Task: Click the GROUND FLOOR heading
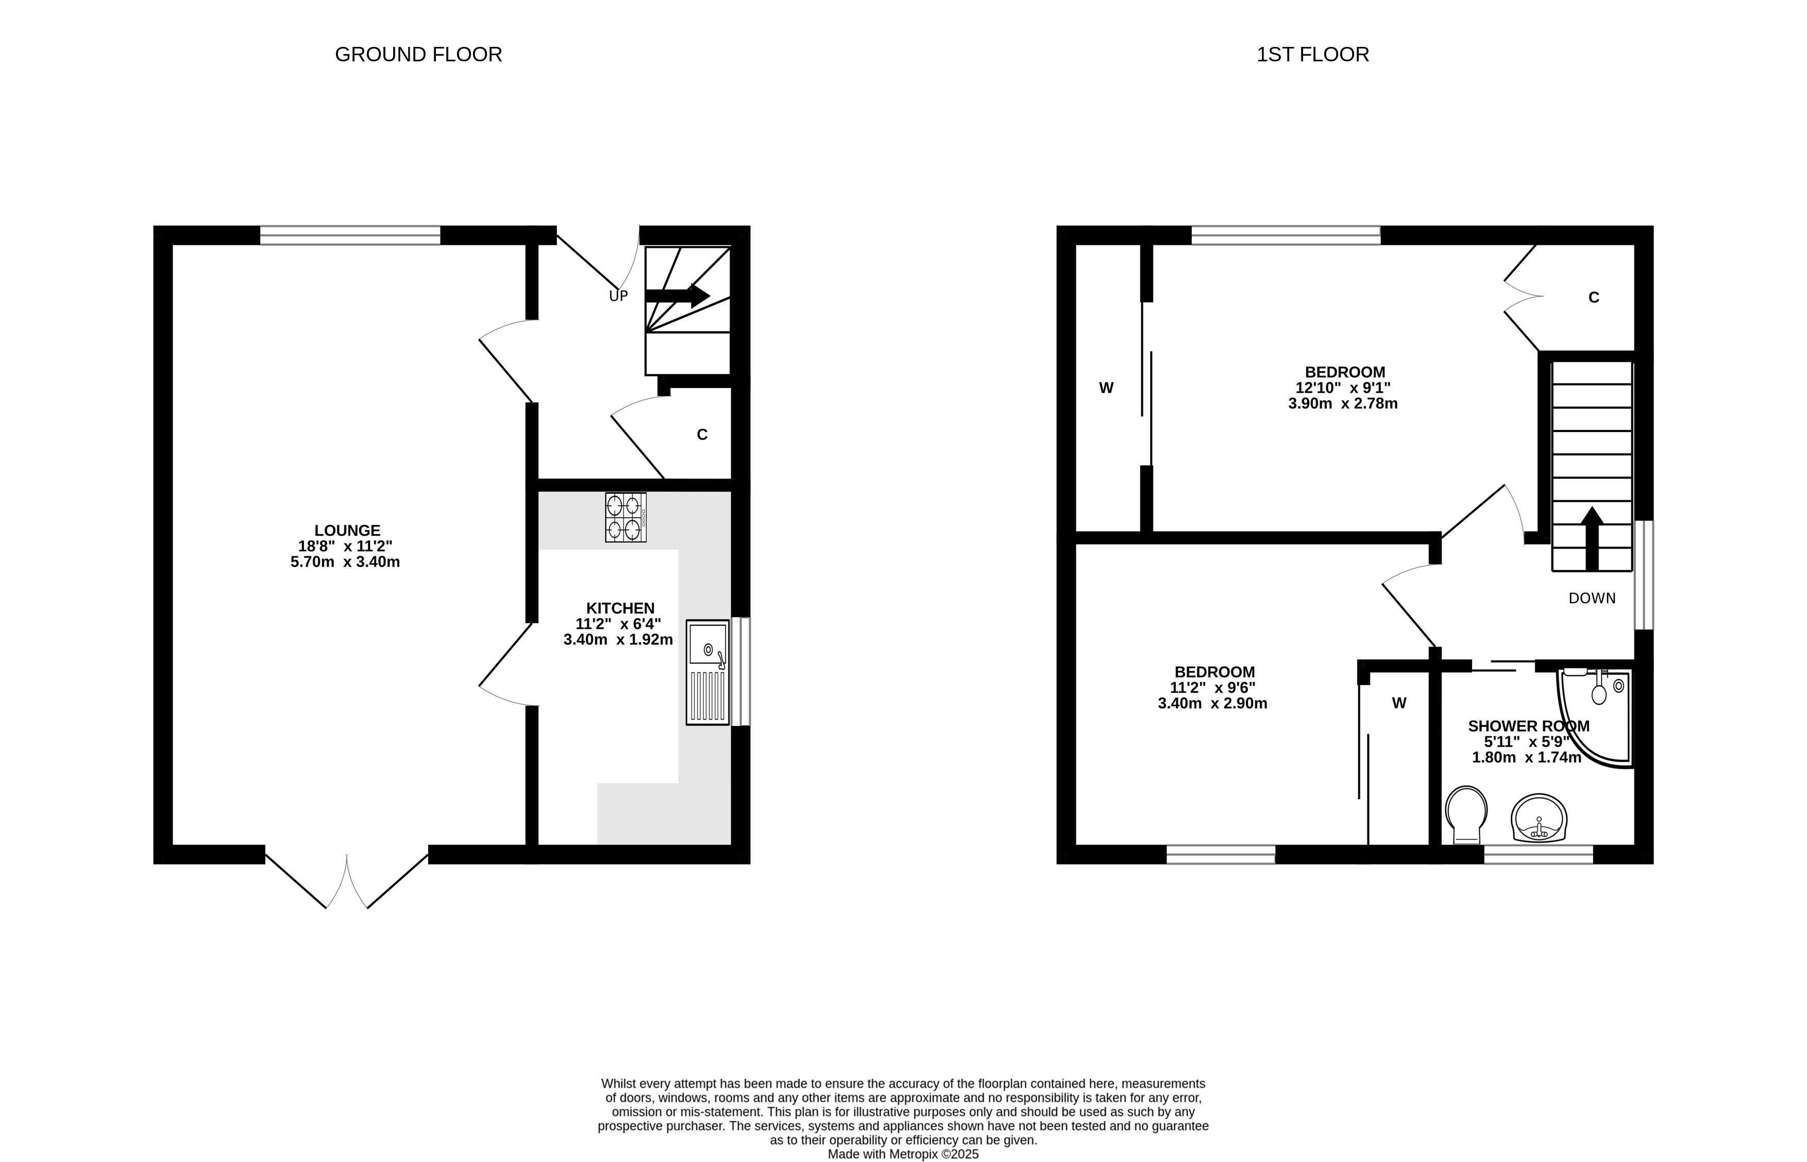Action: pos(418,54)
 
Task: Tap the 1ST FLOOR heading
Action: pos(1312,54)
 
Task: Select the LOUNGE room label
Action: pos(347,530)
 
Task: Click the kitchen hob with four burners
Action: pos(625,517)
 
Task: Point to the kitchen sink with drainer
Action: pos(707,672)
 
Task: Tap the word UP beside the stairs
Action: pos(618,296)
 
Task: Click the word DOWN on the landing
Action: pos(1592,599)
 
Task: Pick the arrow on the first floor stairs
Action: pos(1592,538)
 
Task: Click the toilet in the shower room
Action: pos(1466,815)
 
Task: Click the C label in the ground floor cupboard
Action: pos(702,435)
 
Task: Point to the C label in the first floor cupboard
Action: pos(1594,297)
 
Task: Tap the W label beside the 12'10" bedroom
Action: pos(1106,388)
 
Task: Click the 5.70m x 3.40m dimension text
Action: pos(345,562)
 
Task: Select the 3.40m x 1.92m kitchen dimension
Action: pos(618,640)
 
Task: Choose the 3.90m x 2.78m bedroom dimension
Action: pos(1343,404)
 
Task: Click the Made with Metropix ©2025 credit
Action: pos(904,1154)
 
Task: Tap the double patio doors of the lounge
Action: pos(347,880)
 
